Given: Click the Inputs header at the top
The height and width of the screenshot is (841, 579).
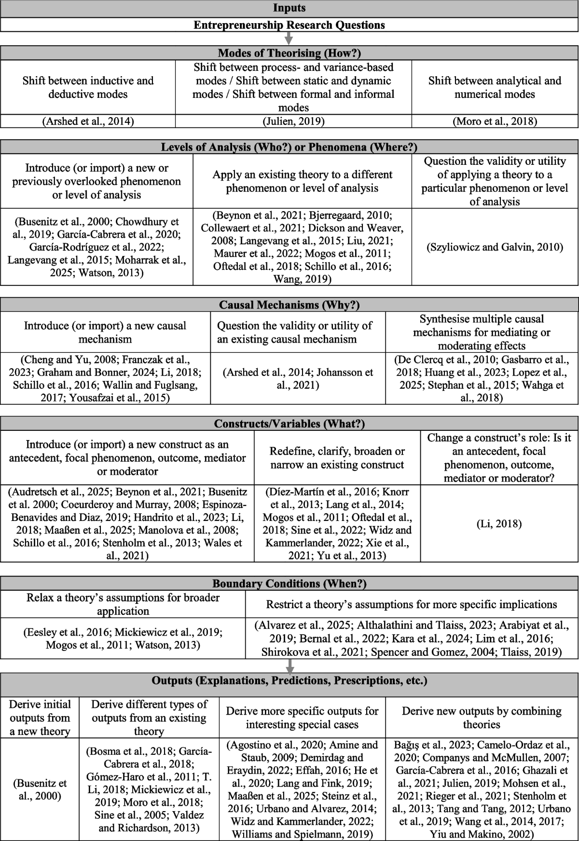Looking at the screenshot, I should pyautogui.click(x=289, y=8).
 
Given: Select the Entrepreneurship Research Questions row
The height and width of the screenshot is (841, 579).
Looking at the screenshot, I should pyautogui.click(x=289, y=25).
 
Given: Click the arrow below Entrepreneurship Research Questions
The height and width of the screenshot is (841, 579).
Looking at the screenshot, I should pyautogui.click(x=289, y=39).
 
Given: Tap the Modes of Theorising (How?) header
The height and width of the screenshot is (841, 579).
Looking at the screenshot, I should pyautogui.click(x=289, y=53).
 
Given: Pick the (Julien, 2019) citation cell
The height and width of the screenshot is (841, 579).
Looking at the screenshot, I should pyautogui.click(x=293, y=121).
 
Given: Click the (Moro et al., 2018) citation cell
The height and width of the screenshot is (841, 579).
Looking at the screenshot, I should pyautogui.click(x=495, y=121).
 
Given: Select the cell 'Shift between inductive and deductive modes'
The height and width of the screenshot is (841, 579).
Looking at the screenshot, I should pyautogui.click(x=88, y=87).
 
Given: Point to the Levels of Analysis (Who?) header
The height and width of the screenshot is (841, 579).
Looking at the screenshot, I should pyautogui.click(x=289, y=147).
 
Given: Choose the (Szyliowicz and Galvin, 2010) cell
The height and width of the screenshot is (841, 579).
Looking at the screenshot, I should pyautogui.click(x=495, y=247).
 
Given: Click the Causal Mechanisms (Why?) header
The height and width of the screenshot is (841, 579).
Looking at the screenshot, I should pyautogui.click(x=289, y=305).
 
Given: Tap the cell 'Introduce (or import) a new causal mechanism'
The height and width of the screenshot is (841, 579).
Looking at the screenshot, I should pyautogui.click(x=105, y=332).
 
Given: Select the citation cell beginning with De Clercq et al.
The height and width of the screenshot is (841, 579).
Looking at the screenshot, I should pyautogui.click(x=482, y=378).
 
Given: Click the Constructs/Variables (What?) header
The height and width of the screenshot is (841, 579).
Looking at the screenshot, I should pyautogui.click(x=289, y=424).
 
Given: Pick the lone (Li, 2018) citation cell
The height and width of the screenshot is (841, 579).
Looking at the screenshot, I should pyautogui.click(x=499, y=523).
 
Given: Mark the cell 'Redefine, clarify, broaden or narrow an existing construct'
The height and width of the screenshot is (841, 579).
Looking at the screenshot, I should pyautogui.click(x=337, y=458).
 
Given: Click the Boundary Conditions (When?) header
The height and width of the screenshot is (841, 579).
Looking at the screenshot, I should pyautogui.click(x=289, y=584).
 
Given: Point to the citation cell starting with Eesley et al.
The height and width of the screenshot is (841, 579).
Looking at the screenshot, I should pyautogui.click(x=123, y=638).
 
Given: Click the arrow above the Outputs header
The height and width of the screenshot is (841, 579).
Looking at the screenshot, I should pyautogui.click(x=289, y=666).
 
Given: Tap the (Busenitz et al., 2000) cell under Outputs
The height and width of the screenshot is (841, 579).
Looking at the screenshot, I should pyautogui.click(x=40, y=789).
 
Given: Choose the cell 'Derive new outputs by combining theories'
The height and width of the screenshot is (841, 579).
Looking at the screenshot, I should pyautogui.click(x=482, y=718).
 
